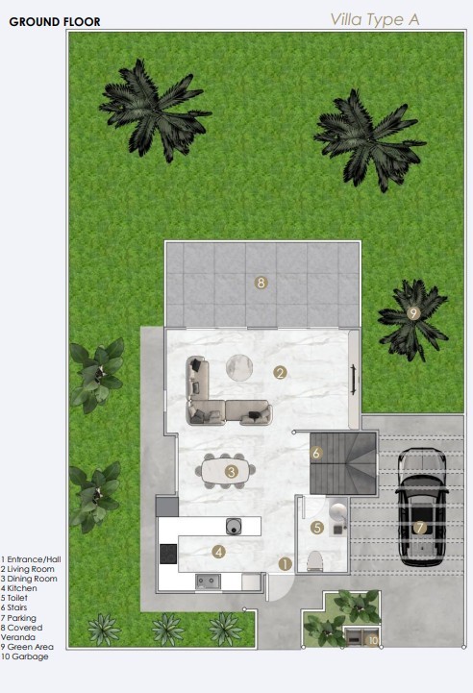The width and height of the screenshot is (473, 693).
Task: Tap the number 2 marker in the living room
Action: [x=280, y=372]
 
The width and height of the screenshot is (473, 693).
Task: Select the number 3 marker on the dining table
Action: [x=232, y=471]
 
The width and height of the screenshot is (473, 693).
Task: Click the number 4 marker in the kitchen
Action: [x=219, y=551]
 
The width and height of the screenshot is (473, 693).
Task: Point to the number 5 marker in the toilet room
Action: [x=317, y=527]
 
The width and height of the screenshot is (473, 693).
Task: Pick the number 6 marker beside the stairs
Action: [x=316, y=452]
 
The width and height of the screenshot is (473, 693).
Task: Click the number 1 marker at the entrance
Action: [x=284, y=564]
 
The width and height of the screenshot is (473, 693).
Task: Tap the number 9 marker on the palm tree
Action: [x=413, y=312]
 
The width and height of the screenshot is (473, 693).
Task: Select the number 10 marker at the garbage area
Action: [x=373, y=638]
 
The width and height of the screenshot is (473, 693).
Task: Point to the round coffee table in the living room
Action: [x=239, y=366]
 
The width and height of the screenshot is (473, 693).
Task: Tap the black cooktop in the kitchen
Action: [x=168, y=554]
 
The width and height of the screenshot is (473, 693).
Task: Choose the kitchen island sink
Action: [x=234, y=525]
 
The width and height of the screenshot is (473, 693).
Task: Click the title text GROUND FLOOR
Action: [x=54, y=20]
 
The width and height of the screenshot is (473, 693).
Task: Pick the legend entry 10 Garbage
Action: [x=25, y=656]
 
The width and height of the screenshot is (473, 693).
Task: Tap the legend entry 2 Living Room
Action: [x=28, y=569]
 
